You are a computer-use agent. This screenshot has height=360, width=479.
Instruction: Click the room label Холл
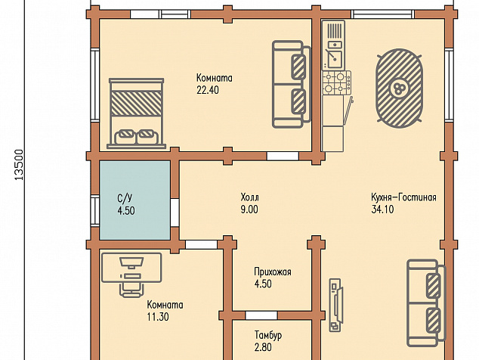coord(249,197)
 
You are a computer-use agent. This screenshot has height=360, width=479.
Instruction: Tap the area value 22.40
coord(208,90)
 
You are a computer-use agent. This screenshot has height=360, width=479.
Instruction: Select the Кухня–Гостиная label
coord(403,197)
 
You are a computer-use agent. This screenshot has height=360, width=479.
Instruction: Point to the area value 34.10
coord(382,209)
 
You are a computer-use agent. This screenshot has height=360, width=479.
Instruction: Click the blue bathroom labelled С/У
coord(135,200)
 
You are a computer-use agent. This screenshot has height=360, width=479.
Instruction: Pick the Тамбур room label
coord(268,335)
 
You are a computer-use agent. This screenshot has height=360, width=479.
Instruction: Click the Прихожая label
coord(273,272)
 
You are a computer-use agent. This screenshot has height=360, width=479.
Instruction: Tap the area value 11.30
coord(158,317)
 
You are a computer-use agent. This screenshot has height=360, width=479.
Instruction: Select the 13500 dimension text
coord(19,165)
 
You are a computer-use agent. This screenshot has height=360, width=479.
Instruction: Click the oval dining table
coord(400,88)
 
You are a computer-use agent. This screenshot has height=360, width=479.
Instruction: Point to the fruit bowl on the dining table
coord(399,88)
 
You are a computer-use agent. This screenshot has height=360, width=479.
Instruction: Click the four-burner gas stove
coord(337,82)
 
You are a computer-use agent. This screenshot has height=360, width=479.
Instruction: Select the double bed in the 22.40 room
coord(136,113)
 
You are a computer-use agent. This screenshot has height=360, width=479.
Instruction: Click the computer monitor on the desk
coord(131,263)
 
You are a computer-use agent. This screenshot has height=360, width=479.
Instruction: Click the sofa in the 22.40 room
coord(292,84)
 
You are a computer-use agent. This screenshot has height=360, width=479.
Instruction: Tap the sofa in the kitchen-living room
coord(426,303)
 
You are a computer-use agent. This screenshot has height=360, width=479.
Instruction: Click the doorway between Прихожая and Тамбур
coord(261,315)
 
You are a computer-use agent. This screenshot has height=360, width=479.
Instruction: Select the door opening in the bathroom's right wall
coord(175,213)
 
